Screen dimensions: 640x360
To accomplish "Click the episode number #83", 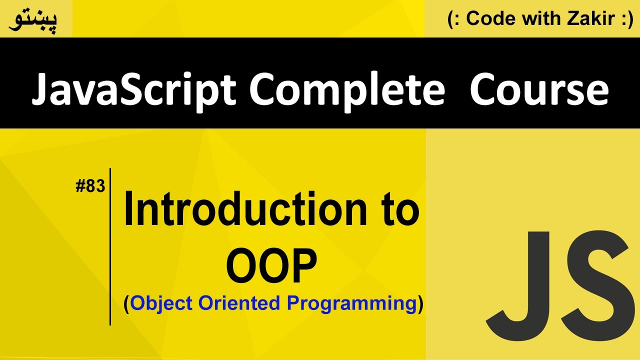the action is [x=90, y=186].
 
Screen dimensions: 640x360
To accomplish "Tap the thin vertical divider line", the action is [x=110, y=247].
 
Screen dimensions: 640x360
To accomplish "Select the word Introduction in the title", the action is [x=245, y=208].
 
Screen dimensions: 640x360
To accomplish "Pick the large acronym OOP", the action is [x=271, y=265].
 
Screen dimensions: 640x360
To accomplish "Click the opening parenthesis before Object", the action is [x=126, y=304].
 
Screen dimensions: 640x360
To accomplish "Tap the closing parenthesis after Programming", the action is [x=420, y=304].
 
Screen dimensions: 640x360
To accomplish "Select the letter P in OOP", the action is [x=303, y=265].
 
